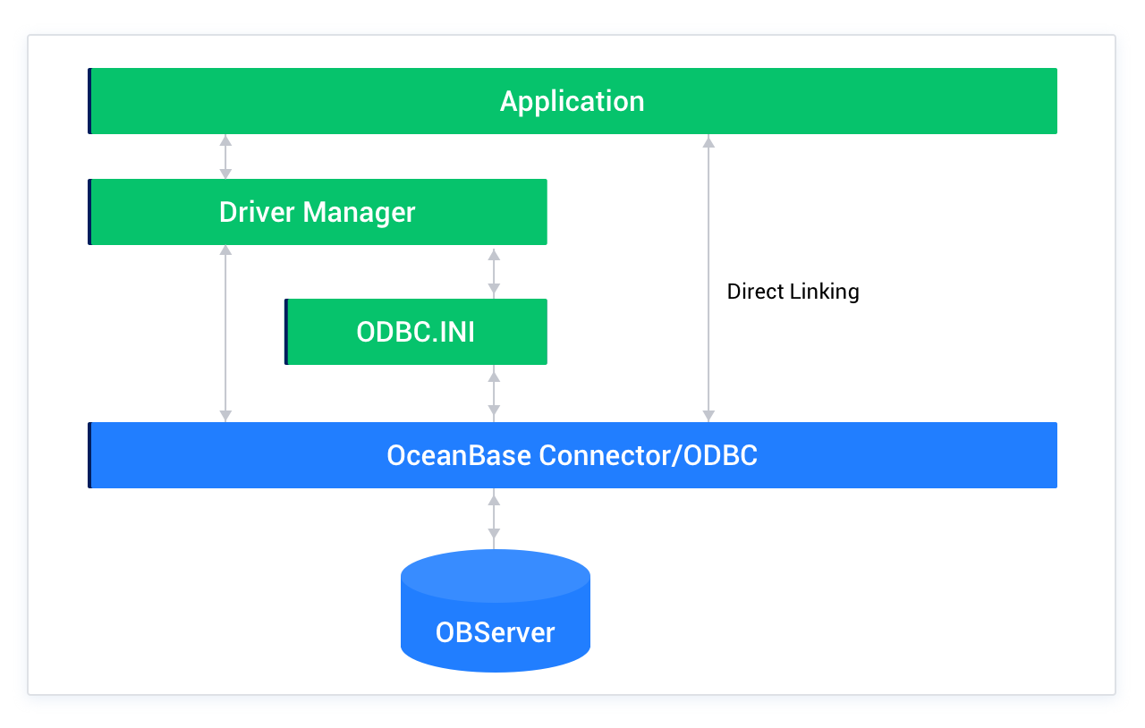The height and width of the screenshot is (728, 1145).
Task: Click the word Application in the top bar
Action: click(572, 101)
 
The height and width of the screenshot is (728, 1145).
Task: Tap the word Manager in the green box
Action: click(359, 212)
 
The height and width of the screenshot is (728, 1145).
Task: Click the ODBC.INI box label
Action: click(415, 332)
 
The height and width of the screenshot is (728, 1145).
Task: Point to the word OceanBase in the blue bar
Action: click(459, 455)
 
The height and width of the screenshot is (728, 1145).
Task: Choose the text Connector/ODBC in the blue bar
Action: click(648, 455)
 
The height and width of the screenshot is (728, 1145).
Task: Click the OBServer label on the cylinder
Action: click(495, 632)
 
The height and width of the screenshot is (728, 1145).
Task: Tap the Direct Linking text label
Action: click(793, 292)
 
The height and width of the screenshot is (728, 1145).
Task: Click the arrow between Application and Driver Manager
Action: click(225, 157)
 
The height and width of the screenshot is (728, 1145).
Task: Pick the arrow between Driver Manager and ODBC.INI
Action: click(493, 272)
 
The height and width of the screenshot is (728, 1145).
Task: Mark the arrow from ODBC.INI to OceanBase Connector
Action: click(493, 394)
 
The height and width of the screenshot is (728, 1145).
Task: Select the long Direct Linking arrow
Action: click(708, 358)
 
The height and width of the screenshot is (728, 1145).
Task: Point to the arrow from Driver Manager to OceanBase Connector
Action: click(225, 333)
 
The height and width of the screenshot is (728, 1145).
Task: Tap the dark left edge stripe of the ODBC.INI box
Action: click(286, 332)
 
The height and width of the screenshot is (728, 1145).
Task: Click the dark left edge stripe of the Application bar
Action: click(89, 101)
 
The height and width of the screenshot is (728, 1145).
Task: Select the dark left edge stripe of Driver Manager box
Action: click(89, 212)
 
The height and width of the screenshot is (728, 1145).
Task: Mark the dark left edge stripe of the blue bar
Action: click(89, 455)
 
